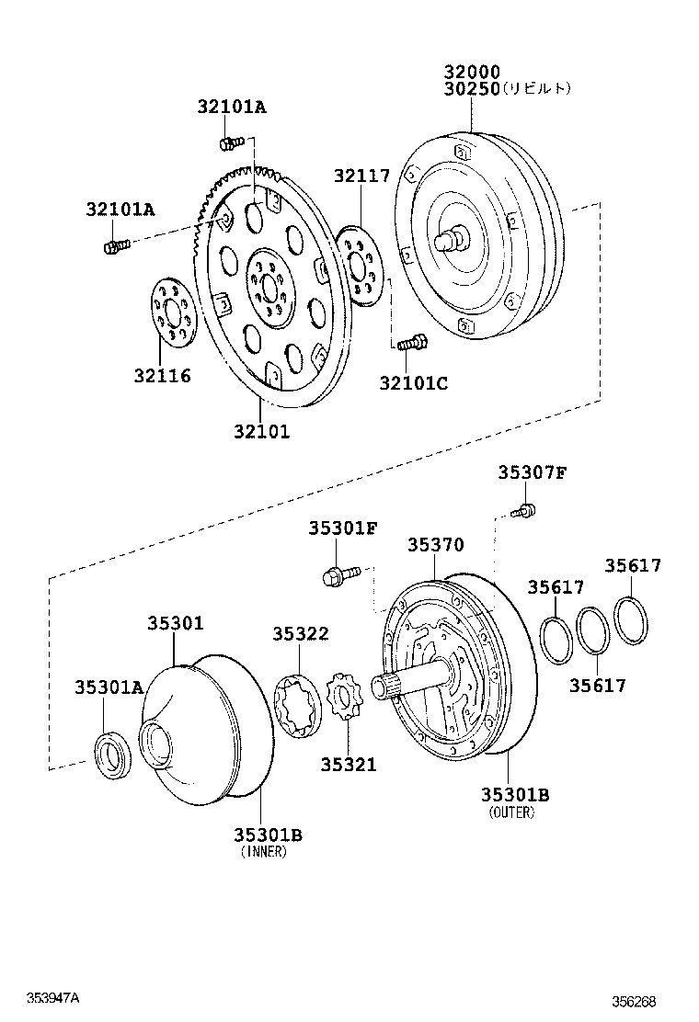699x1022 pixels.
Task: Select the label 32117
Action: (361, 176)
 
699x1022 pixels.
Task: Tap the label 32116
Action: (162, 375)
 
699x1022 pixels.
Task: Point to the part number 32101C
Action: (413, 383)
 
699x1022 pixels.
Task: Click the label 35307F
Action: (533, 473)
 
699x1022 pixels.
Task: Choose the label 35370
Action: (436, 545)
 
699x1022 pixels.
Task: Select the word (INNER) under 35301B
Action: (264, 852)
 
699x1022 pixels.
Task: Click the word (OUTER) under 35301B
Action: (512, 812)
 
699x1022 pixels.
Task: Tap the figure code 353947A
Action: (53, 998)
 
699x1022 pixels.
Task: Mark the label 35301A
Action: (109, 687)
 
